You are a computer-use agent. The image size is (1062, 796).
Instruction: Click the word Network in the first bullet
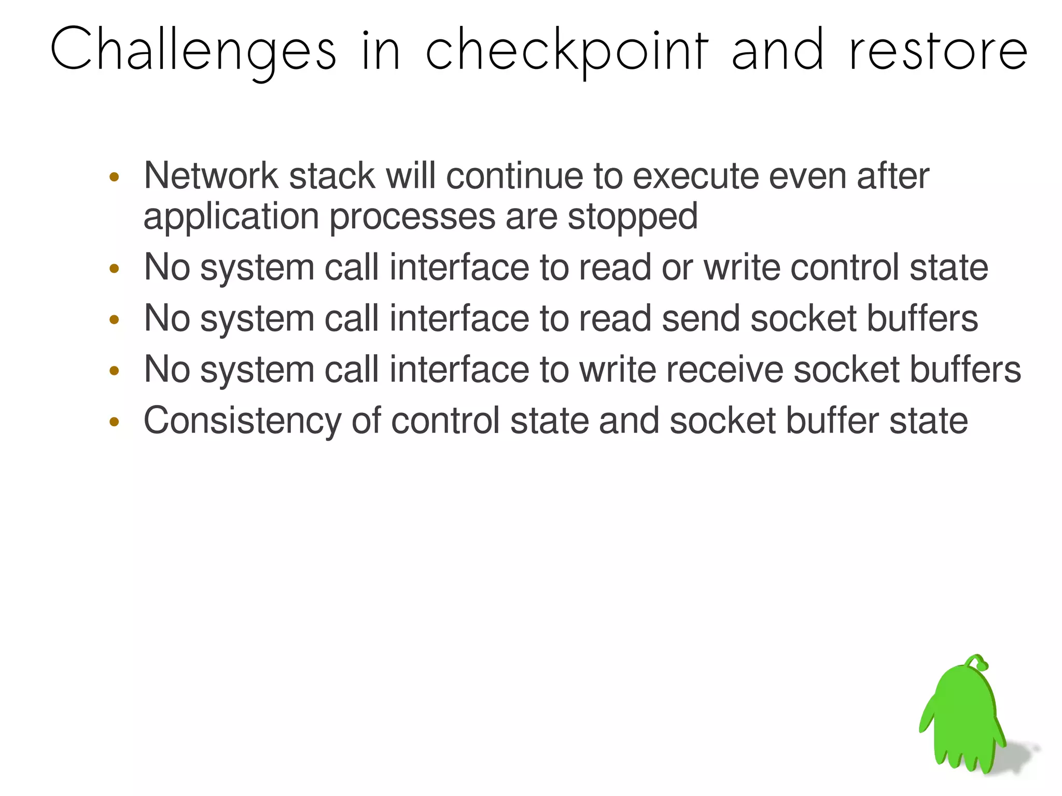(211, 176)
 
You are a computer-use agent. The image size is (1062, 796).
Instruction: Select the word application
(231, 217)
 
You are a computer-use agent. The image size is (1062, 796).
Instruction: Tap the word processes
(412, 217)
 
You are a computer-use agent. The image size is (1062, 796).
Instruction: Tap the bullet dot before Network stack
(115, 178)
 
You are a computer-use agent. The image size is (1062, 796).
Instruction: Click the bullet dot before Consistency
(115, 422)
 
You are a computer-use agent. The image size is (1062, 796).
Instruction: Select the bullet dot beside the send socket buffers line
(115, 320)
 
